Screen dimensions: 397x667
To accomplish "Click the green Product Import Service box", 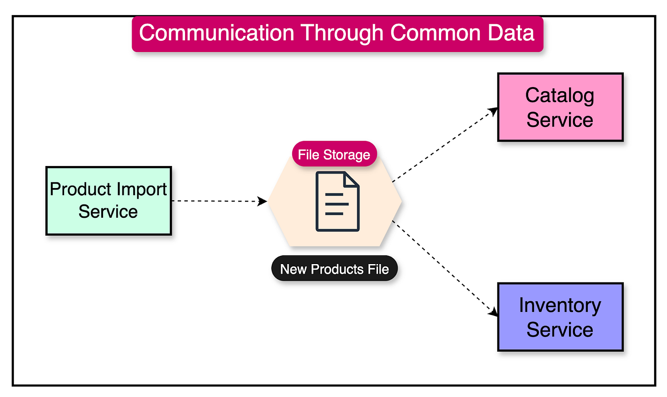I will (109, 201).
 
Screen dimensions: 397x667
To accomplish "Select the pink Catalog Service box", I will (560, 107).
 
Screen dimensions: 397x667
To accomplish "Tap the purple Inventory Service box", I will (560, 317).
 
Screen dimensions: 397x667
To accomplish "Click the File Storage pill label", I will (334, 154).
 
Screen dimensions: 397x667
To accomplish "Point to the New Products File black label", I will (334, 269).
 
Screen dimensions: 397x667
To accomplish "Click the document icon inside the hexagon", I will (338, 201).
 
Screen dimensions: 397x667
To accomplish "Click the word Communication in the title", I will (216, 33).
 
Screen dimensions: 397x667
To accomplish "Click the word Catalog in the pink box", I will (559, 95).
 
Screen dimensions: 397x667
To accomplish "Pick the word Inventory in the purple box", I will (560, 305).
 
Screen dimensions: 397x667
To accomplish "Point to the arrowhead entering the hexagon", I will (262, 201).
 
